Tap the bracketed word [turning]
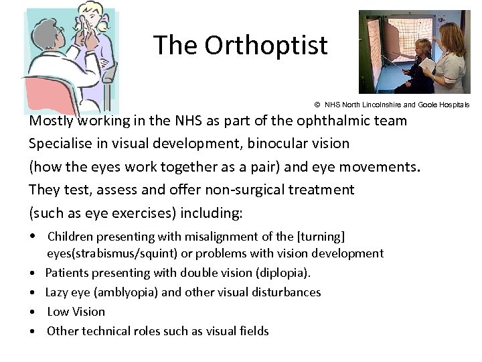(317, 236)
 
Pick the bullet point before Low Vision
(33, 312)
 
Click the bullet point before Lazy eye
(33, 292)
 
